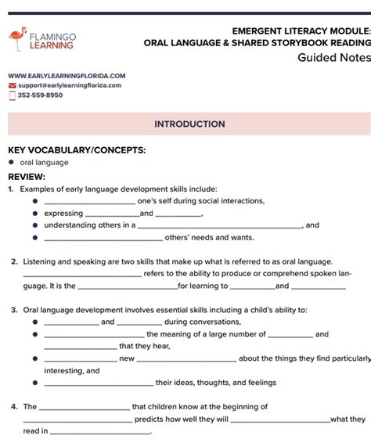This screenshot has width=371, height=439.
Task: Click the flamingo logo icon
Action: [17, 40]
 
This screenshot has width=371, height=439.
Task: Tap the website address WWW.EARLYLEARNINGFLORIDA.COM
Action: [67, 76]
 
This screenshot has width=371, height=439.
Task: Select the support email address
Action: [70, 85]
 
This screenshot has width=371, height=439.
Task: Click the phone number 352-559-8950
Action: [40, 95]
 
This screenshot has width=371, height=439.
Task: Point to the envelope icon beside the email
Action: [12, 85]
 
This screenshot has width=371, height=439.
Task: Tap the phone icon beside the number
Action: [12, 95]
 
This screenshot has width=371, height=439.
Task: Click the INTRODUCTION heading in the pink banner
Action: [189, 124]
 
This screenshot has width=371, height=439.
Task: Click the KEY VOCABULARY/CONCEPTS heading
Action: [77, 149]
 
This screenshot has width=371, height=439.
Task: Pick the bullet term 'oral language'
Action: [45, 163]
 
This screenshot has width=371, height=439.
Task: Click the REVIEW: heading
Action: [27, 177]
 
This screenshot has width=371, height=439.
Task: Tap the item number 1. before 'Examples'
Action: [11, 189]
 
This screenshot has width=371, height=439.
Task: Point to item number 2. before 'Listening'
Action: [15, 262]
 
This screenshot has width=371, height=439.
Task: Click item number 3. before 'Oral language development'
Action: [15, 310]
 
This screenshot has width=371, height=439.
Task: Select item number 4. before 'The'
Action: [15, 407]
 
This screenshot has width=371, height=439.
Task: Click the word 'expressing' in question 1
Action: [63, 213]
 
